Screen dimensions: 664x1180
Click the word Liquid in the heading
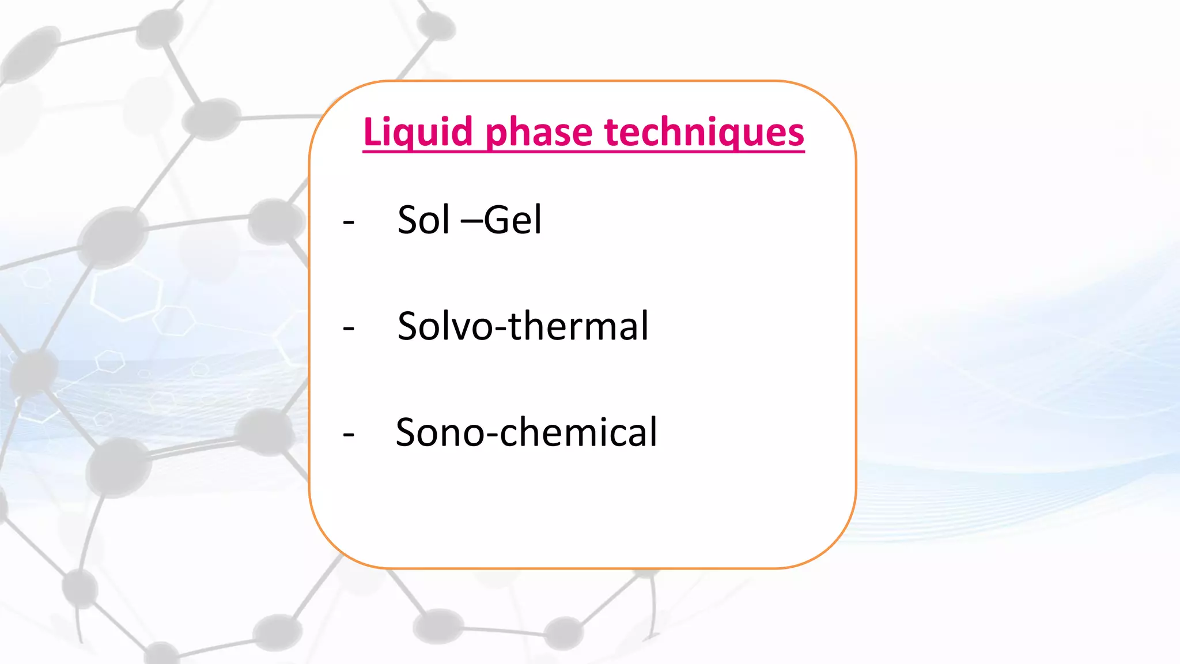click(418, 133)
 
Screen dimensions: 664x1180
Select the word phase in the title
click(539, 133)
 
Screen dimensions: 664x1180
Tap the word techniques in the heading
click(704, 133)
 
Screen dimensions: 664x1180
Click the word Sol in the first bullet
click(423, 220)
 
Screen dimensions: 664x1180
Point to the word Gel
click(513, 220)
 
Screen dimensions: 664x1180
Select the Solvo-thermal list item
click(523, 326)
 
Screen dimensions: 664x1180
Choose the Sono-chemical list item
click(526, 432)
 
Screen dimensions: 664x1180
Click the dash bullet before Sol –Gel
click(348, 222)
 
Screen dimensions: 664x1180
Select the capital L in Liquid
click(372, 133)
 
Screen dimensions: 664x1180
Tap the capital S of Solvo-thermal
click(409, 326)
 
